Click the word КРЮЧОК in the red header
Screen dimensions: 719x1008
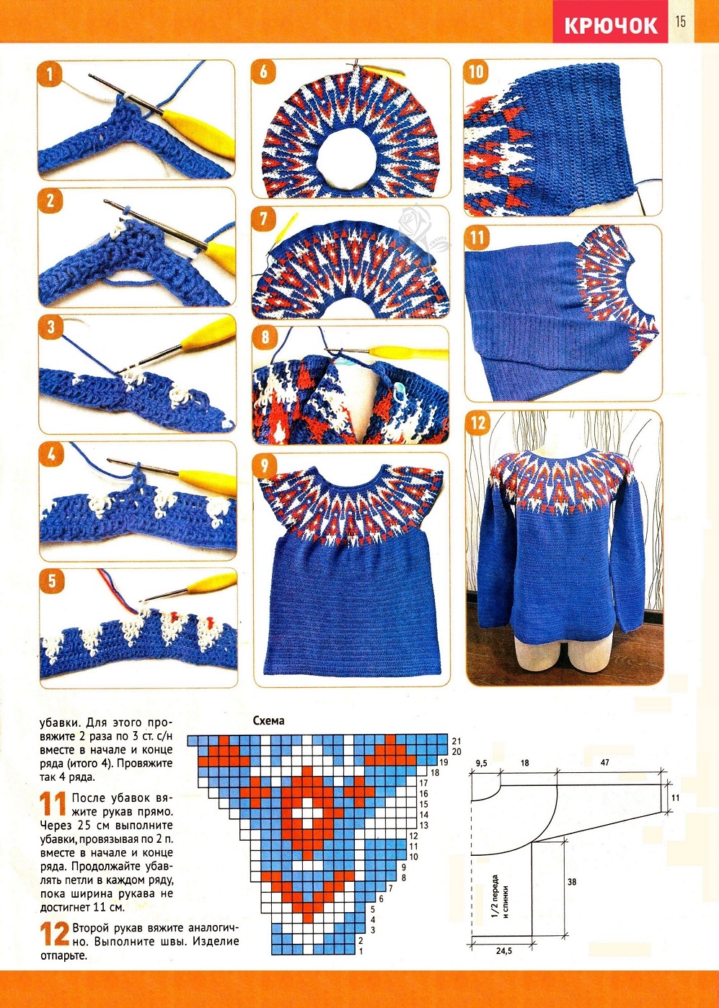click(x=611, y=25)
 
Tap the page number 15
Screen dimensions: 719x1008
click(x=680, y=21)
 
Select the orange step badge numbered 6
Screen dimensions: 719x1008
click(x=263, y=71)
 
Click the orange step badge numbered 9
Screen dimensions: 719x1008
click(x=264, y=466)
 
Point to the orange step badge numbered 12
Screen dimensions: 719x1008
click(x=478, y=423)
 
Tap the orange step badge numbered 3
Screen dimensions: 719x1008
click(x=51, y=327)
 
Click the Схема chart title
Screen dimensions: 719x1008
click(x=268, y=720)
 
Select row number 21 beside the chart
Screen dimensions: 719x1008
click(x=456, y=740)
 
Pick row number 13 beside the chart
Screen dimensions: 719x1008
click(x=423, y=826)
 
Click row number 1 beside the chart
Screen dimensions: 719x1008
click(x=361, y=951)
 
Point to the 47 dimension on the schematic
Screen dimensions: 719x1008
click(x=604, y=763)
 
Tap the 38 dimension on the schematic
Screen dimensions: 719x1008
click(x=571, y=883)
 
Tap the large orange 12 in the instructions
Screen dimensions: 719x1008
click(x=55, y=932)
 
